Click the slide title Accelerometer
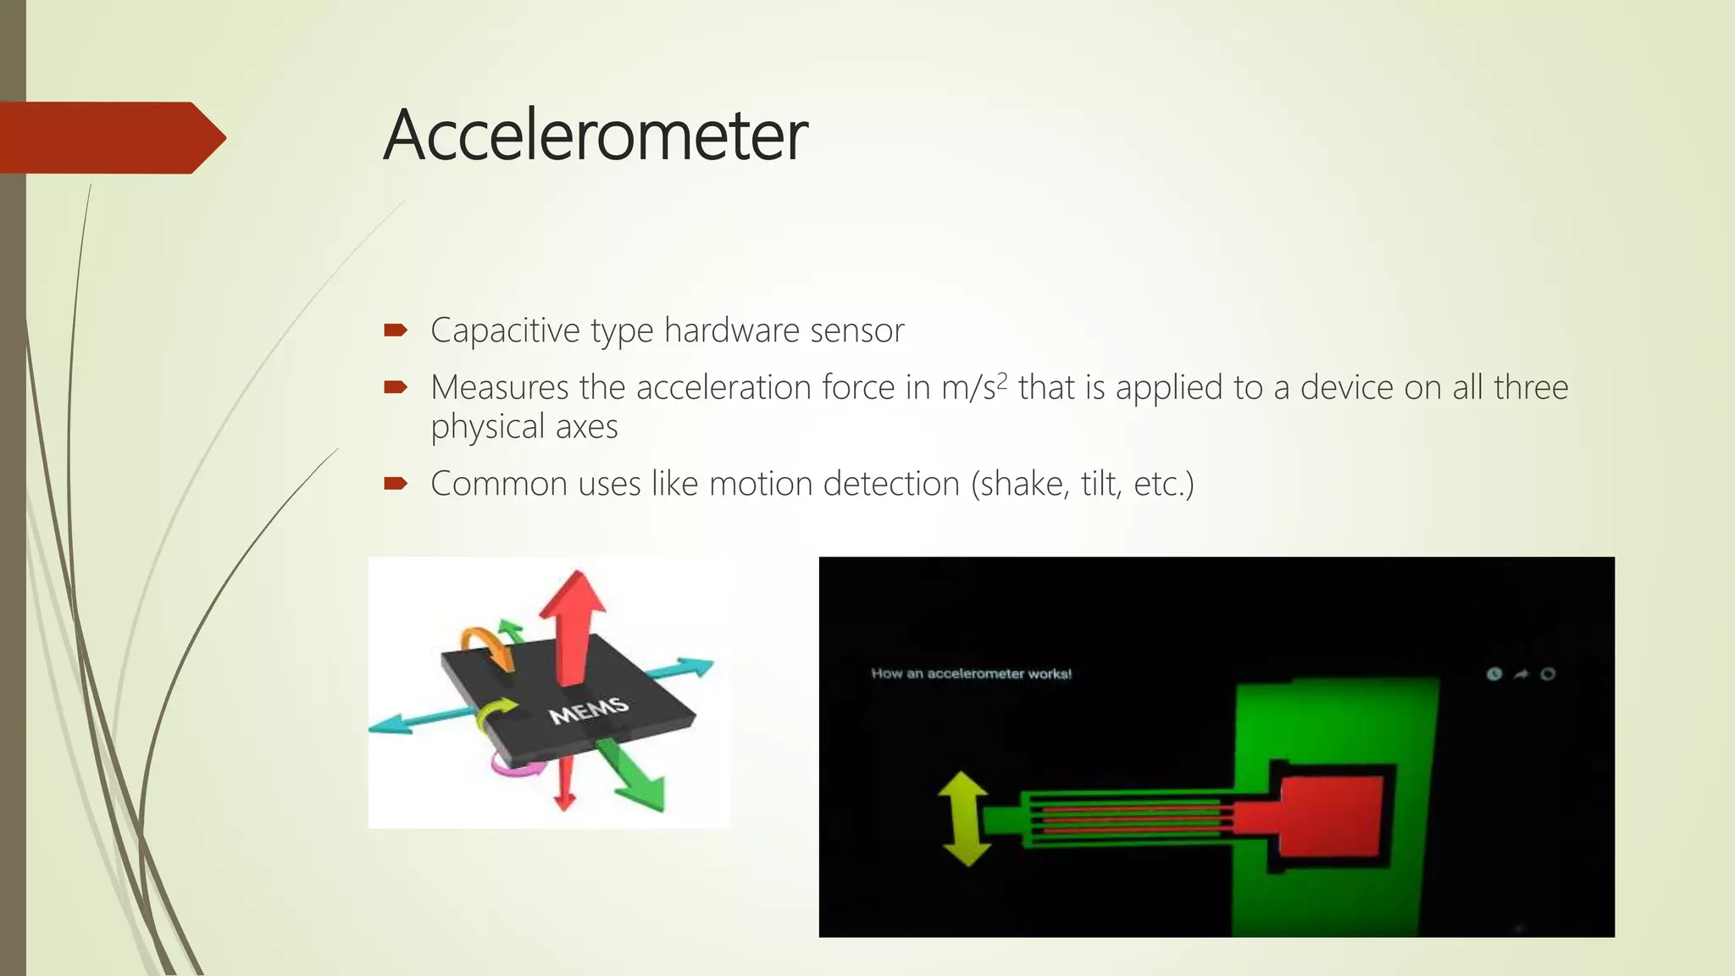596,136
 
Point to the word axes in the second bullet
586,427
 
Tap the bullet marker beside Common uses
396,484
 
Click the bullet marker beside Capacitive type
396,330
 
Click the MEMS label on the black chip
589,710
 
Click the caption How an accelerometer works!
971,674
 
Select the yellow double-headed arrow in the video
965,818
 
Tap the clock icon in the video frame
1494,674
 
